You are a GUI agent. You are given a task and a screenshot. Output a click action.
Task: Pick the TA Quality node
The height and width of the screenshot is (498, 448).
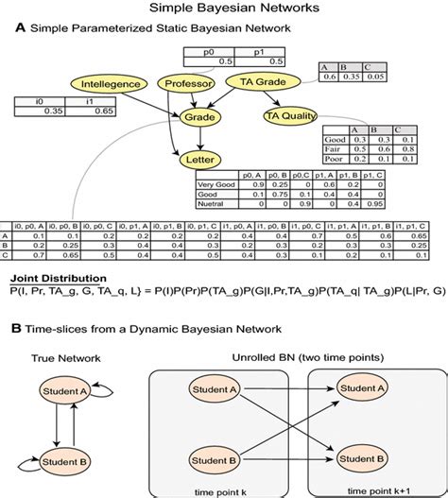pyautogui.click(x=288, y=116)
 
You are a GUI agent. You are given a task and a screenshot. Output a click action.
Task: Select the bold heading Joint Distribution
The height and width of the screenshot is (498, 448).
pyautogui.click(x=56, y=281)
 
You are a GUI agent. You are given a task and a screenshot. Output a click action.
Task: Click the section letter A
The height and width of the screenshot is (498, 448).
pyautogui.click(x=20, y=28)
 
